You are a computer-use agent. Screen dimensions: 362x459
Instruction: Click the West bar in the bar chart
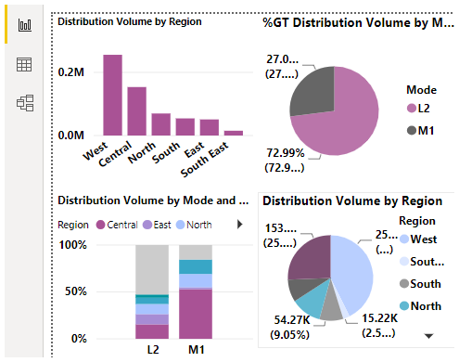[x=112, y=96]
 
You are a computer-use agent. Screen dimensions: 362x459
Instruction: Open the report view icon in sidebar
[x=25, y=25]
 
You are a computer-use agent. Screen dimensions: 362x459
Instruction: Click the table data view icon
[x=25, y=64]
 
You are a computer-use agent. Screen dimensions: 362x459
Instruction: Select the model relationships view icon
[x=25, y=103]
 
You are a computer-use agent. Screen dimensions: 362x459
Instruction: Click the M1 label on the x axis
[x=196, y=350]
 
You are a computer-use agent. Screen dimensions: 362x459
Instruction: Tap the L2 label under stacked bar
[x=152, y=350]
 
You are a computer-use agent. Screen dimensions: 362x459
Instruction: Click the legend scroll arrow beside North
[x=240, y=224]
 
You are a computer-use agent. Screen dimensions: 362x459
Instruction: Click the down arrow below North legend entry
[x=427, y=335]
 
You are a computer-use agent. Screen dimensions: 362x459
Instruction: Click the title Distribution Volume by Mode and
[x=152, y=200]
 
